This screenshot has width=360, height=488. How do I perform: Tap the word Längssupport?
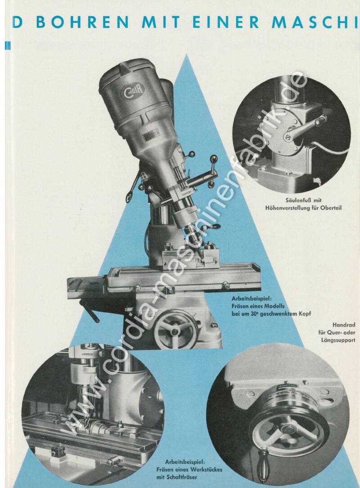coord(338,340)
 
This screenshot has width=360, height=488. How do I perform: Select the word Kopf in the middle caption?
coord(305,314)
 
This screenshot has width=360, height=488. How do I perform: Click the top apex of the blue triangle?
coord(186,54)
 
